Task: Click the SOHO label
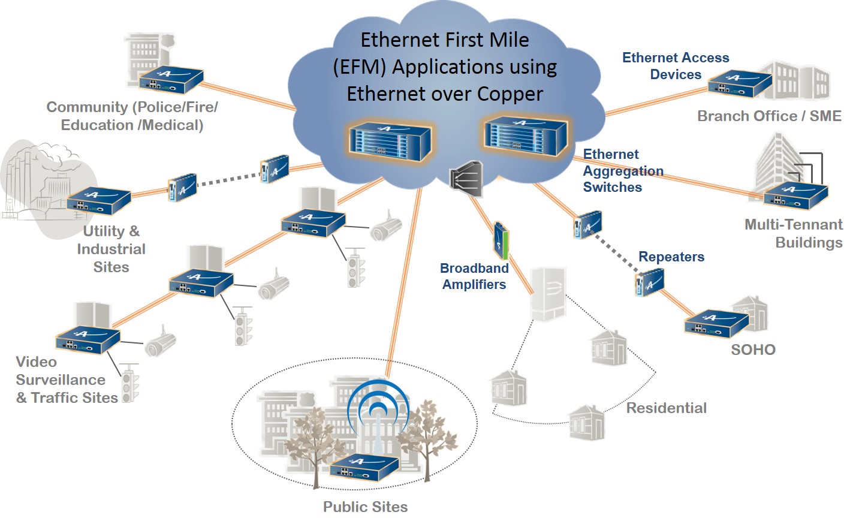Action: point(753,350)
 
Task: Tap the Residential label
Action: point(666,408)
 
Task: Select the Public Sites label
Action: point(365,507)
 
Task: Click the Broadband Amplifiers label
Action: point(474,276)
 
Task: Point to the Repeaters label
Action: point(671,257)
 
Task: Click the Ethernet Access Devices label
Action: point(676,66)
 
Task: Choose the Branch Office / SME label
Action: point(769,116)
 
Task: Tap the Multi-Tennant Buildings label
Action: point(793,233)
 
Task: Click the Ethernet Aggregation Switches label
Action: point(623,171)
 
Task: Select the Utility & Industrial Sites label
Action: point(111,249)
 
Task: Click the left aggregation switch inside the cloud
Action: point(390,141)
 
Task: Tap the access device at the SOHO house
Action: point(716,323)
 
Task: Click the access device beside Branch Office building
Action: point(739,83)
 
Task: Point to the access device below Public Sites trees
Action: point(364,467)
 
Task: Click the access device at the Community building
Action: point(170,80)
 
